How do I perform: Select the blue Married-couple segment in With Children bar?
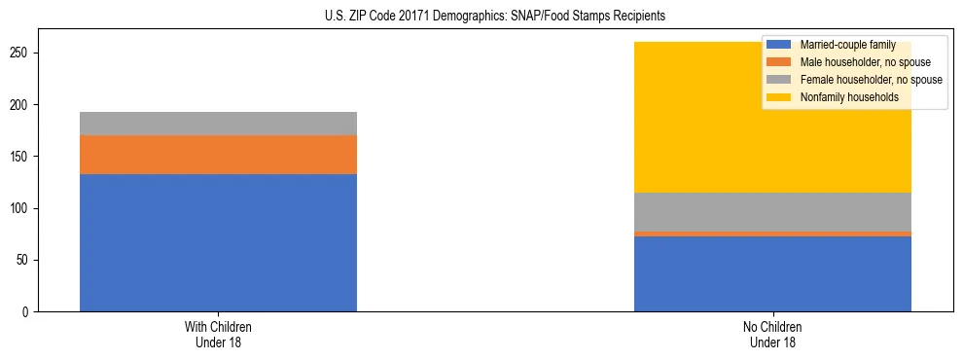218,242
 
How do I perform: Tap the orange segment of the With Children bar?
218,155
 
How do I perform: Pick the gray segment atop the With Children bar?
218,124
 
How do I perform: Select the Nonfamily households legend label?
849,97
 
